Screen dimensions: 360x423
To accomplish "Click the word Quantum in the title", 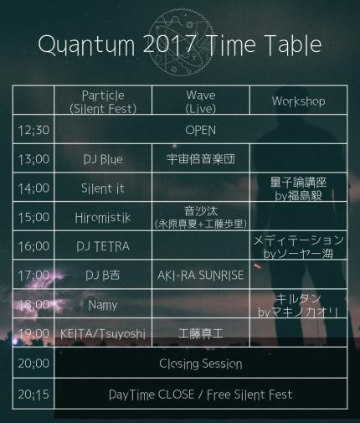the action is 86,44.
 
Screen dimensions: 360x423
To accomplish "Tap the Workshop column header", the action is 298,101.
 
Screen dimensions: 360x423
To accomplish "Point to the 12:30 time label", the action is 33,130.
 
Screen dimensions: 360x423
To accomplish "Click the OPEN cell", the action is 201,131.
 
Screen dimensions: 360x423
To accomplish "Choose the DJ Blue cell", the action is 103,159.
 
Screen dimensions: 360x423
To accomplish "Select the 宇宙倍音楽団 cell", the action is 201,159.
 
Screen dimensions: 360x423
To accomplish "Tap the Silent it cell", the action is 103,188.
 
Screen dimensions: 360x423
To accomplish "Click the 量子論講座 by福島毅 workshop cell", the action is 298,188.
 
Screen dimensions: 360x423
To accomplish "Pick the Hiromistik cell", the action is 103,218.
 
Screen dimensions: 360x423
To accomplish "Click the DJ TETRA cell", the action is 103,246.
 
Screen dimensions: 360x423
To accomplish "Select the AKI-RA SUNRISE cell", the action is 201,276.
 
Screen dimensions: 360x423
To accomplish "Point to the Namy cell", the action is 103,305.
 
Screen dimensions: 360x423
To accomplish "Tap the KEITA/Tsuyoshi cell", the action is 103,334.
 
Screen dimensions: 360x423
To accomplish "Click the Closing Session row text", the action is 201,364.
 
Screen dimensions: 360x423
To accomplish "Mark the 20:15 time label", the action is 33,395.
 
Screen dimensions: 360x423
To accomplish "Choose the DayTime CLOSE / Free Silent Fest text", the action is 201,395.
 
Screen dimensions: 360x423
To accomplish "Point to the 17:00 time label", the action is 33,276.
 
